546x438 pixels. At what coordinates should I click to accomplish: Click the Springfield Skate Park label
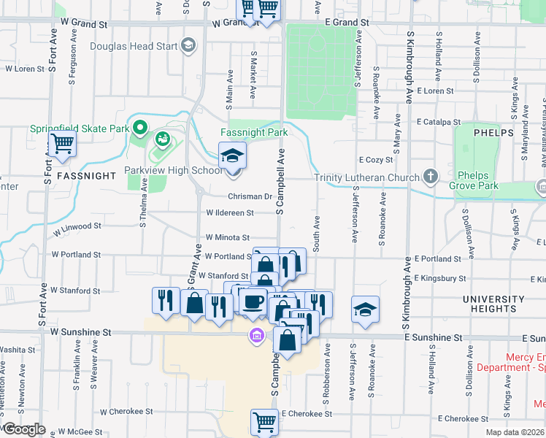click(x=79, y=128)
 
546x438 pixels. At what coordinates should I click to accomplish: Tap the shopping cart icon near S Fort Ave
click(x=63, y=145)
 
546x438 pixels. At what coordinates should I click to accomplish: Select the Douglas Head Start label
click(x=134, y=46)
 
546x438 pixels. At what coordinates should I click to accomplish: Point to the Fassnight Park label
click(x=254, y=133)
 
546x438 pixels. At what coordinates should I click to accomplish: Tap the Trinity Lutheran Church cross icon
click(x=431, y=177)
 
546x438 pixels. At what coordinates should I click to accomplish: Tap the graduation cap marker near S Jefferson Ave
click(x=365, y=309)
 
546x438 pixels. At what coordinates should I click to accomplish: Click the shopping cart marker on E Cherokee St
click(x=264, y=421)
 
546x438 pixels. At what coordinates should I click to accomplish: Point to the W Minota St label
click(x=227, y=237)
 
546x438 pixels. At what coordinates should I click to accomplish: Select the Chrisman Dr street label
click(x=250, y=196)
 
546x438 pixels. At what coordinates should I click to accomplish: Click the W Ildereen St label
click(x=229, y=213)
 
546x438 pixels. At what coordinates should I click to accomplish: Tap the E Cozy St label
click(x=376, y=159)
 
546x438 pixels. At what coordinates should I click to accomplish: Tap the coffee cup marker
click(x=253, y=301)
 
